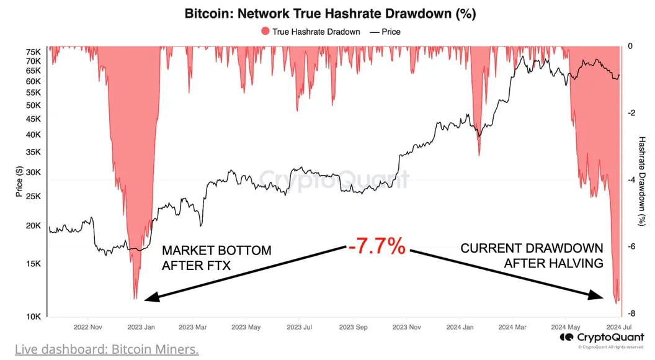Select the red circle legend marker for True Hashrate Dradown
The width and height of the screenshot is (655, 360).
[x=265, y=32]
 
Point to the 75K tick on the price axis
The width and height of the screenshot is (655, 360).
[x=33, y=52]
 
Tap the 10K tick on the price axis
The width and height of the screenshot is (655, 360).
[x=33, y=317]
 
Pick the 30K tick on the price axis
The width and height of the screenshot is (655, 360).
[x=33, y=173]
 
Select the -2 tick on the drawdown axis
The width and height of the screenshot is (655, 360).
[x=630, y=113]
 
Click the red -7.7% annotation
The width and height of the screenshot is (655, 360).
[x=377, y=247]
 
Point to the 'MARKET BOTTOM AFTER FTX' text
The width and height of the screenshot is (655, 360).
[x=216, y=258]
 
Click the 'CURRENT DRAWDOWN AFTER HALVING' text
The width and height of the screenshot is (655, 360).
[x=532, y=256]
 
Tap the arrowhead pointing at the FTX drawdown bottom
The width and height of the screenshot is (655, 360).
[x=151, y=299]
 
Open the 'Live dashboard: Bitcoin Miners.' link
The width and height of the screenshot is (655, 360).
[x=107, y=349]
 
